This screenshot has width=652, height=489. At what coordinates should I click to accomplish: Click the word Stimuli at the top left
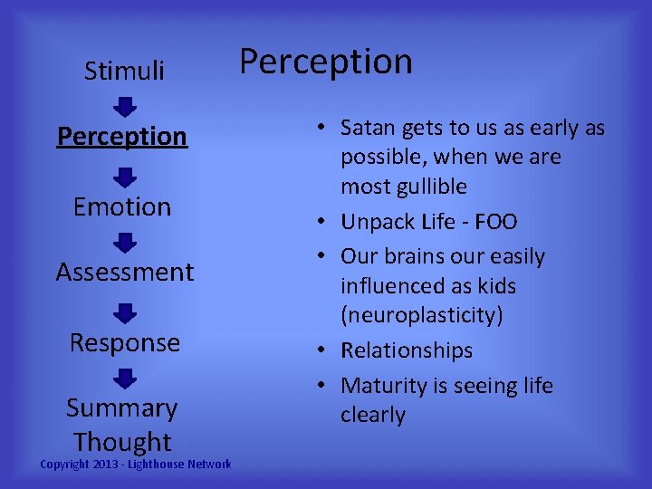(124, 71)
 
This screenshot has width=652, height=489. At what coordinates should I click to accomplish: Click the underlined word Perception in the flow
(122, 136)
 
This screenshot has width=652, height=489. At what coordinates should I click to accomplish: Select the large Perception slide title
(325, 62)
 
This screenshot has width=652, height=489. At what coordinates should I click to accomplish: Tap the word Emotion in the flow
(122, 206)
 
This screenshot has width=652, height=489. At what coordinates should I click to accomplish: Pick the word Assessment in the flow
(125, 272)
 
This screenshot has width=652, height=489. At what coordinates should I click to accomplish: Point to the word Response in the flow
(125, 342)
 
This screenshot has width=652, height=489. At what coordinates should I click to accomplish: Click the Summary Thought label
(122, 425)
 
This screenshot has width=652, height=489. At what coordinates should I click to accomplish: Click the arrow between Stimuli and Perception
(126, 107)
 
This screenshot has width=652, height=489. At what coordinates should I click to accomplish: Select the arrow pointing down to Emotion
(126, 177)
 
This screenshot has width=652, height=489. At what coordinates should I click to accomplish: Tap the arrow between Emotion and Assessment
(126, 243)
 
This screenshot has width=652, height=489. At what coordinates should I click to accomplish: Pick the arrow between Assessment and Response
(126, 312)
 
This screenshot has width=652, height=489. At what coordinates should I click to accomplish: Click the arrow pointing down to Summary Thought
(126, 378)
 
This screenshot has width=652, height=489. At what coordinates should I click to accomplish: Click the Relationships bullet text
(407, 350)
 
